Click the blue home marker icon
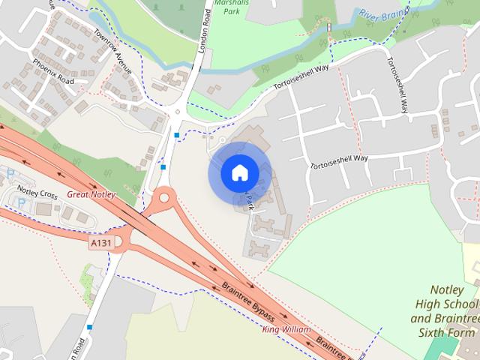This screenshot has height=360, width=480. [x=239, y=173]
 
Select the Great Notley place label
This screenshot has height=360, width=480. [x=91, y=195]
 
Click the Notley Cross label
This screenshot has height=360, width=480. [x=37, y=195]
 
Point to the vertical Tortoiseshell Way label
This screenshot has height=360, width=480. [x=398, y=84]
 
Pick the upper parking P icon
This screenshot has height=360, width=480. [x=10, y=172]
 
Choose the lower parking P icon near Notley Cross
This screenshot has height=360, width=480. [x=21, y=202]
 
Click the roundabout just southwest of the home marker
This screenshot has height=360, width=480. [x=164, y=199]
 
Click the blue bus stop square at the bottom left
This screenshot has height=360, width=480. [x=90, y=326]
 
